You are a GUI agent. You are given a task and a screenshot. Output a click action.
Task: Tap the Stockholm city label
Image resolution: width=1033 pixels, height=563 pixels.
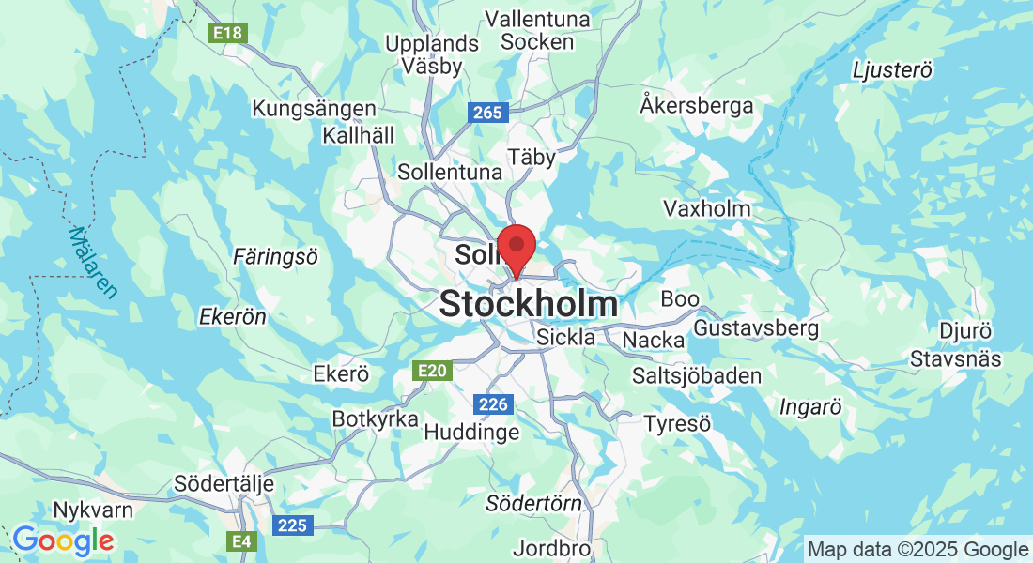(x=529, y=304)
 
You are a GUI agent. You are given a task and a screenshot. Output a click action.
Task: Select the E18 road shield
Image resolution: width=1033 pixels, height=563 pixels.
(x=227, y=34)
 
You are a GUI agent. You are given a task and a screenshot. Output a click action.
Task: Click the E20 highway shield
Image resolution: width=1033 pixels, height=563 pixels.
(x=432, y=371)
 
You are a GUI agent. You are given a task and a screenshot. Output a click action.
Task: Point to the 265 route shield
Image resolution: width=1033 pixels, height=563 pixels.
(x=488, y=113)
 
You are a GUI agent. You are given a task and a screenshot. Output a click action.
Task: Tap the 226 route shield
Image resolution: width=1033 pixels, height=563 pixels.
(x=493, y=404)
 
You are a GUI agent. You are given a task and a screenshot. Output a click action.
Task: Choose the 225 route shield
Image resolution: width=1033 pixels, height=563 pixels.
(x=292, y=525)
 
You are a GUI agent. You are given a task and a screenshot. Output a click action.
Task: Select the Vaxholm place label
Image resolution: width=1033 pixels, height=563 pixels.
(x=706, y=207)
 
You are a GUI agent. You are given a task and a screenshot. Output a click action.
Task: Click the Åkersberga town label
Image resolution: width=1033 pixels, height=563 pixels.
(x=696, y=105)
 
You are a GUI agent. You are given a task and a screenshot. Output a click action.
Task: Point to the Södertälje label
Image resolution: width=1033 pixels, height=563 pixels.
(x=224, y=484)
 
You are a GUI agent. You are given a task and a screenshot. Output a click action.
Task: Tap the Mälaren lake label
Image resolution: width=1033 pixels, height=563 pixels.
(x=94, y=263)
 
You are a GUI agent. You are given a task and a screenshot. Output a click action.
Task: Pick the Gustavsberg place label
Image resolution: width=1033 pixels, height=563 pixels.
(x=756, y=328)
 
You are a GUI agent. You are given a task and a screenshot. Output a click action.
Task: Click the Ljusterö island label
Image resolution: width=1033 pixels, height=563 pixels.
(x=892, y=70)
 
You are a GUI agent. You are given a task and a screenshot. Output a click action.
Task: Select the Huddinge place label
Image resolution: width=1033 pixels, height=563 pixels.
(x=471, y=432)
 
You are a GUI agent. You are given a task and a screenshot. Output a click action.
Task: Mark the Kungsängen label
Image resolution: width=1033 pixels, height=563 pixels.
(x=314, y=109)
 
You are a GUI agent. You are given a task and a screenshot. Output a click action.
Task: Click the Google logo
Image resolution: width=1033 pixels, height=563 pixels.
(x=63, y=540)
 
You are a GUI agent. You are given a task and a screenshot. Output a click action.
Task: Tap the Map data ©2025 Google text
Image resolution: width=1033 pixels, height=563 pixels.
(x=917, y=549)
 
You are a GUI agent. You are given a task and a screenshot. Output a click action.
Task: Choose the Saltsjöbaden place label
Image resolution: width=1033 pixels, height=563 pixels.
(x=696, y=375)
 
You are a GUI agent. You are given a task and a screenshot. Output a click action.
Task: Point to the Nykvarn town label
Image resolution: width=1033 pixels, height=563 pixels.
(x=94, y=510)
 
